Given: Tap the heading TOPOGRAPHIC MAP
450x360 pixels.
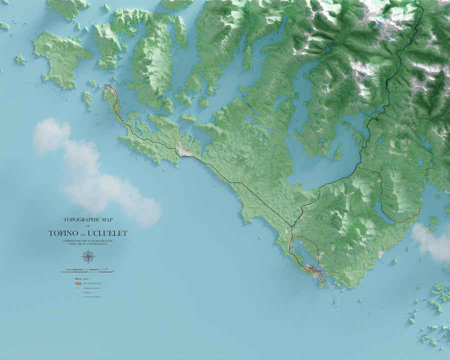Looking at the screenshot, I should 88,219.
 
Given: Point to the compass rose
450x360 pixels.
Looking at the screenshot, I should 88,256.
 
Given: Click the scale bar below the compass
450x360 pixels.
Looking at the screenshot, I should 87,271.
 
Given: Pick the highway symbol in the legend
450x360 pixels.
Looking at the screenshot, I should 78,278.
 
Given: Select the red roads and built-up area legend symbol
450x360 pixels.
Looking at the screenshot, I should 78,283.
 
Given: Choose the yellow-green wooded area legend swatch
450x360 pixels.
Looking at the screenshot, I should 78,292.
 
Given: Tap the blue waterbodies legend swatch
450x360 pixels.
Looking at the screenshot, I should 78,288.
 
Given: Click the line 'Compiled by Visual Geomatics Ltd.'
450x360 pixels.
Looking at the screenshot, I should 88,241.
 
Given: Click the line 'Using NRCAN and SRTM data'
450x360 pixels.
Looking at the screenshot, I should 88,244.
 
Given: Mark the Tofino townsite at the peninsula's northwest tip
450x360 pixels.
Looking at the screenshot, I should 108,88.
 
